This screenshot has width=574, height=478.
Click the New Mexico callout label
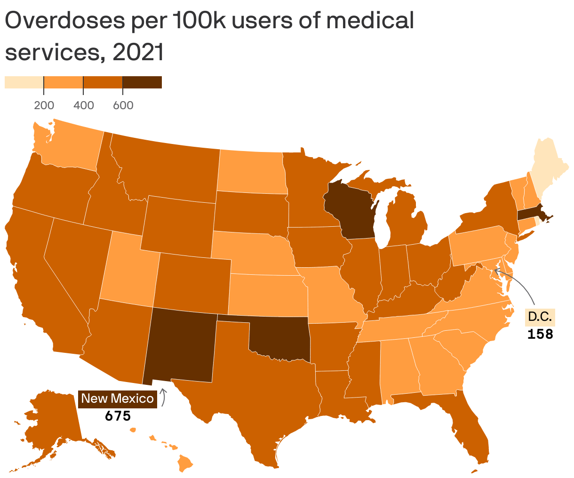pos(117,398)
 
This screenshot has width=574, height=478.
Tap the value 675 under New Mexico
pos(117,416)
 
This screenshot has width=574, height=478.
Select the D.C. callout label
pos(540,317)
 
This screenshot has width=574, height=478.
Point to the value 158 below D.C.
pos(540,335)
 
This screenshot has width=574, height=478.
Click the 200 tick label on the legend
pos(44,105)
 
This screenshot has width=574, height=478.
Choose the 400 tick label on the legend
pos(84,105)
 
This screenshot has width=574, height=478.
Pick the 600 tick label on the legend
pos(123,105)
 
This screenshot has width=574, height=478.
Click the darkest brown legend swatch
pos(142,82)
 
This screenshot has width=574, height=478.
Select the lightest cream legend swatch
pos(24,82)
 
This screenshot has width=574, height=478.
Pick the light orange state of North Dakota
pos(252,172)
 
